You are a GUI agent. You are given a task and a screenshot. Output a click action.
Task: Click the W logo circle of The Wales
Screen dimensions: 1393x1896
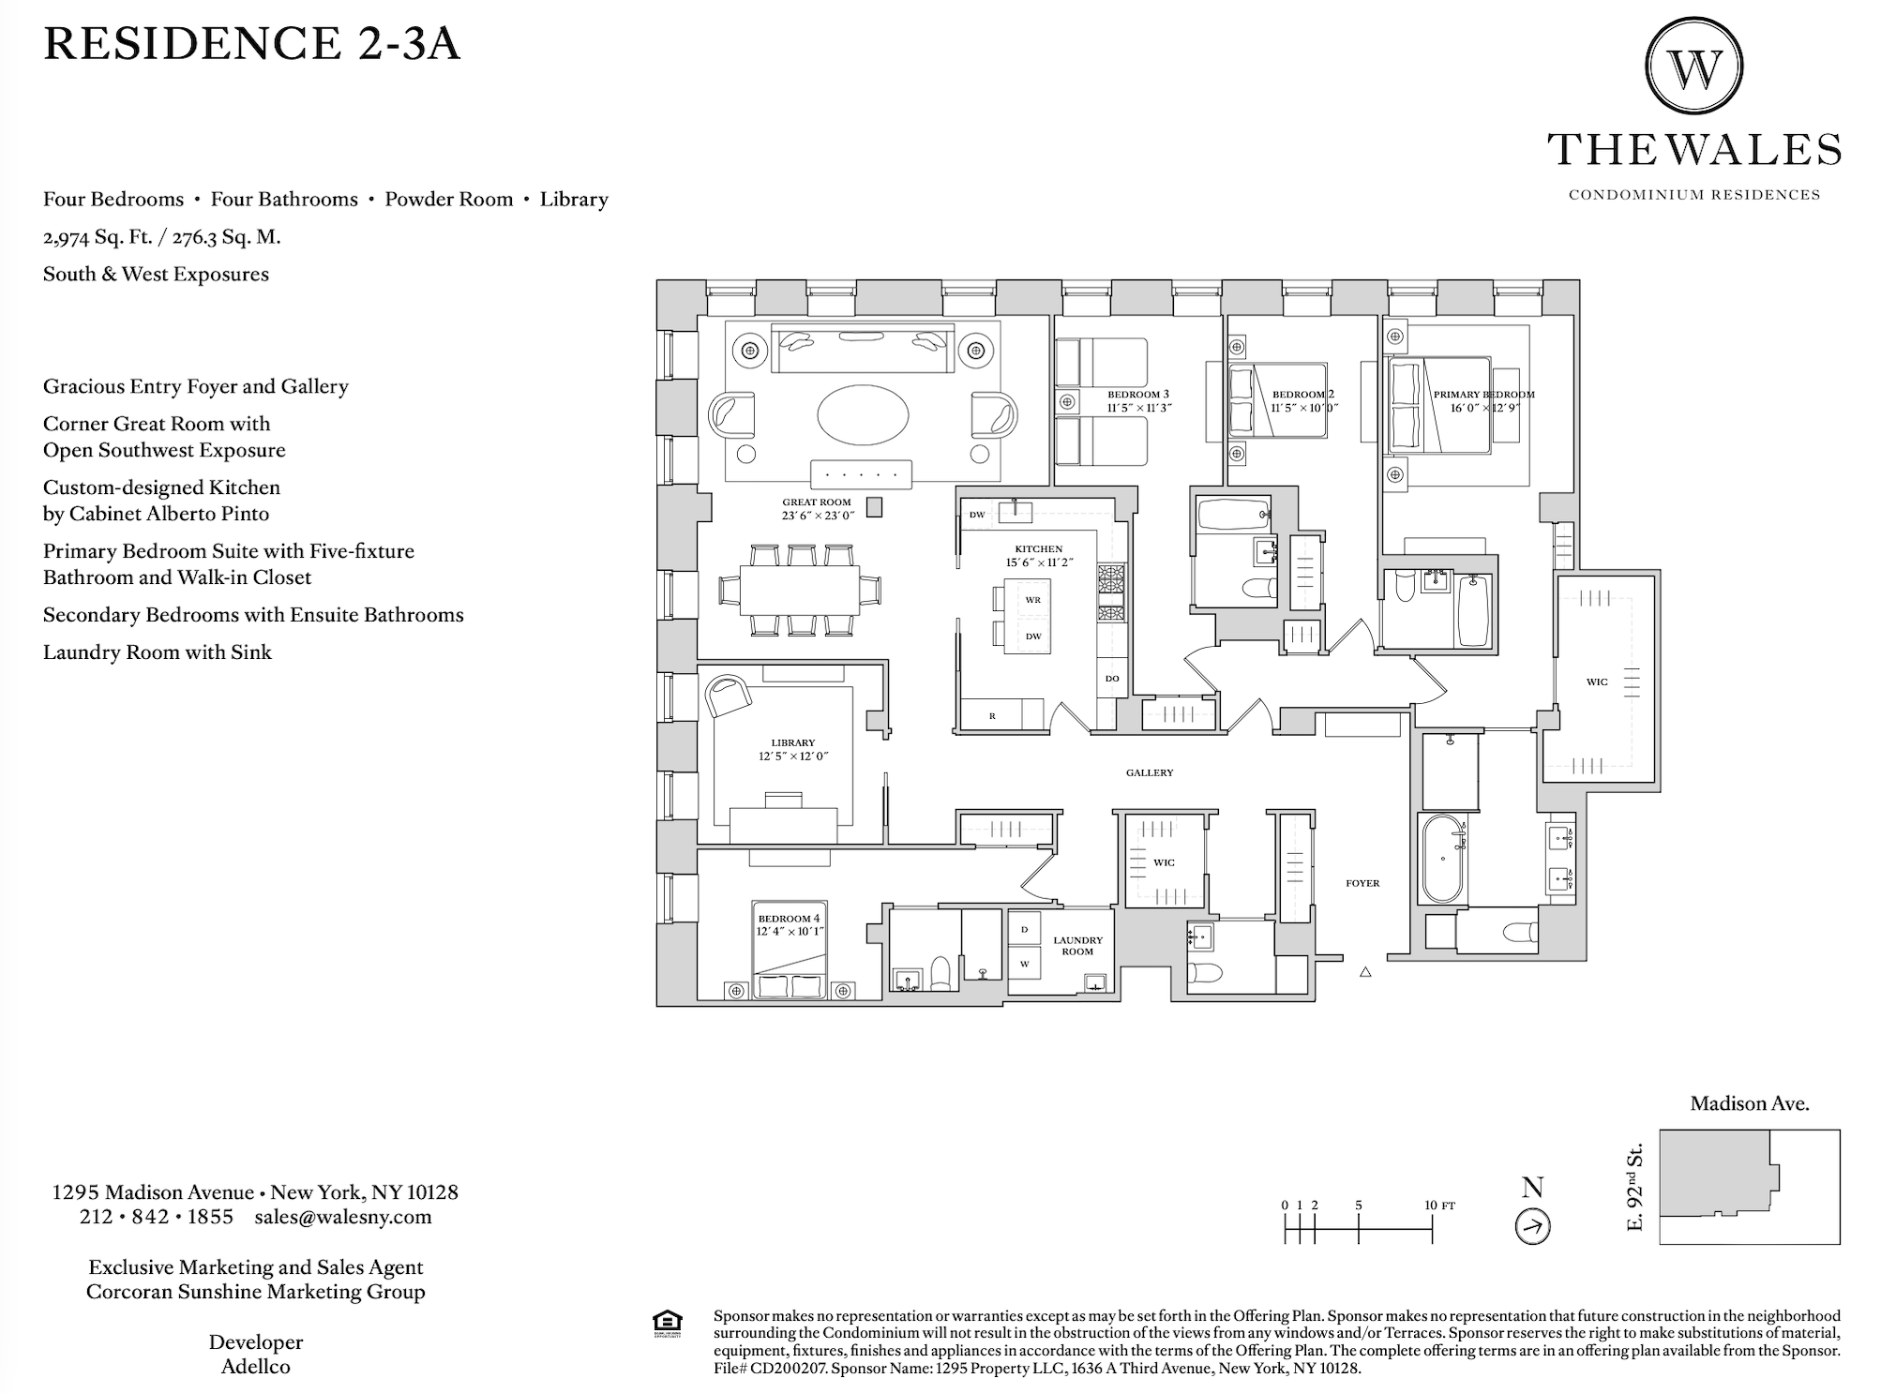point(1694,67)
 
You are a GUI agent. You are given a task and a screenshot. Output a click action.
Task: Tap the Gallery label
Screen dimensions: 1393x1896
point(1150,772)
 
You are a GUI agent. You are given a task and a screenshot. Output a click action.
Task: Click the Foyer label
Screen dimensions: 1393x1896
point(1362,883)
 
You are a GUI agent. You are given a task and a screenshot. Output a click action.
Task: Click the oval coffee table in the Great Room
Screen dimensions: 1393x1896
point(863,415)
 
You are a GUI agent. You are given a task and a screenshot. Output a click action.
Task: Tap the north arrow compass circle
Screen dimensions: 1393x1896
point(1533,1226)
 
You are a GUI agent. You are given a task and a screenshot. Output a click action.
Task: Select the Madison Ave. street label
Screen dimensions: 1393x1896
point(1749,1104)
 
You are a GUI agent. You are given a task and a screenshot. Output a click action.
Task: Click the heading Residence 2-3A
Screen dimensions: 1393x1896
point(251,44)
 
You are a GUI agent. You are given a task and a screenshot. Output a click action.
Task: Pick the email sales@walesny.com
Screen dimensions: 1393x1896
point(342,1217)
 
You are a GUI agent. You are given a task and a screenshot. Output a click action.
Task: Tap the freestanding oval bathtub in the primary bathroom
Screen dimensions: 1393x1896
point(1444,858)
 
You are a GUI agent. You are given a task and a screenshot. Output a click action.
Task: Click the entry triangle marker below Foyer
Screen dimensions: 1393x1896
point(1365,972)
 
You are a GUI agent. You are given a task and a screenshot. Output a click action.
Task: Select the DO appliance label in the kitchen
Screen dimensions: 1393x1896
point(1112,679)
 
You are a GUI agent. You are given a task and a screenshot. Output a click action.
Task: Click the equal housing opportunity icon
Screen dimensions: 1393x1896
point(666,1323)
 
